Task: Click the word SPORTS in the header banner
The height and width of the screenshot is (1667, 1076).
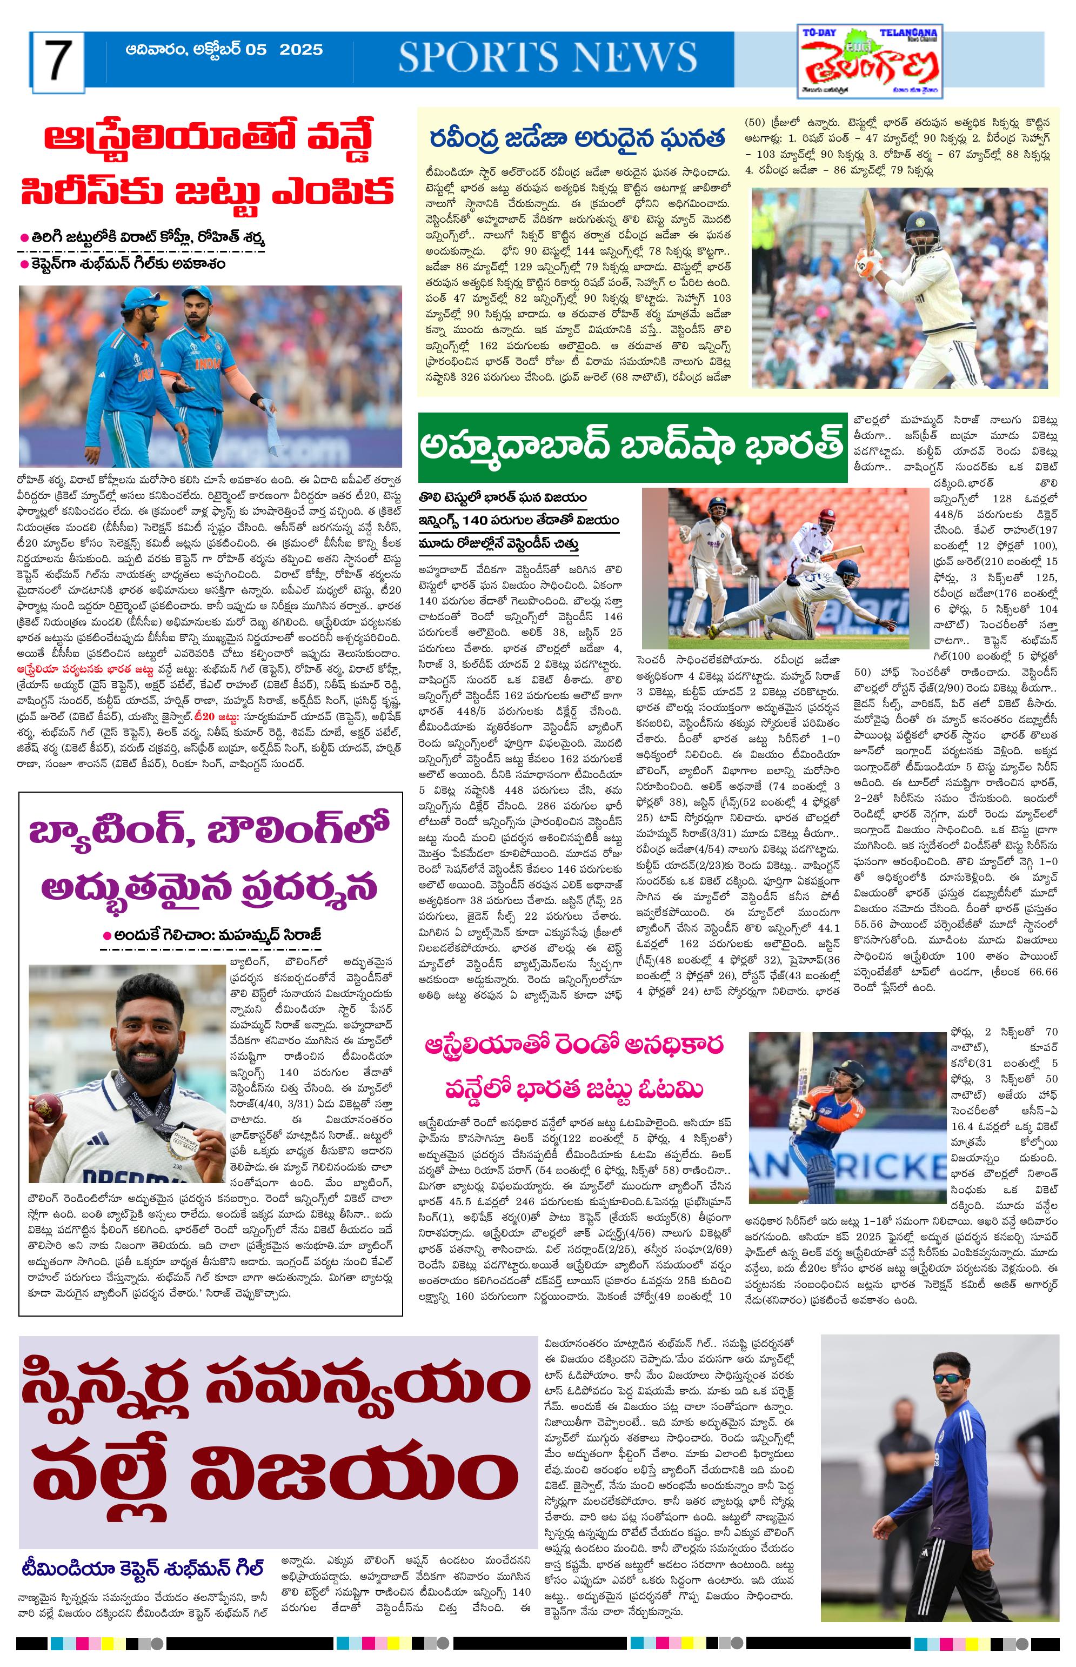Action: [475, 57]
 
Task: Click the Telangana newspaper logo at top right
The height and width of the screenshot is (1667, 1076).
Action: [870, 62]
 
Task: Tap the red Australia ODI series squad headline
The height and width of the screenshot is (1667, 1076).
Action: [208, 164]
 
